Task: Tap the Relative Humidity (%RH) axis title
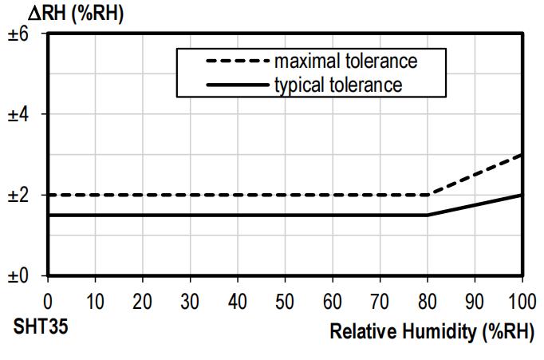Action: [x=432, y=330]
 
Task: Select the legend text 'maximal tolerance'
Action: [x=345, y=61]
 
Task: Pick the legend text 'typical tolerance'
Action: [x=337, y=84]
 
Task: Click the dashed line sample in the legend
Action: [x=237, y=61]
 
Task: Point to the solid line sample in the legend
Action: [x=237, y=84]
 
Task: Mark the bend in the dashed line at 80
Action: [x=428, y=195]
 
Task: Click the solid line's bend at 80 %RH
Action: [x=428, y=215]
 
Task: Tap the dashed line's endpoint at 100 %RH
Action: [x=522, y=155]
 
